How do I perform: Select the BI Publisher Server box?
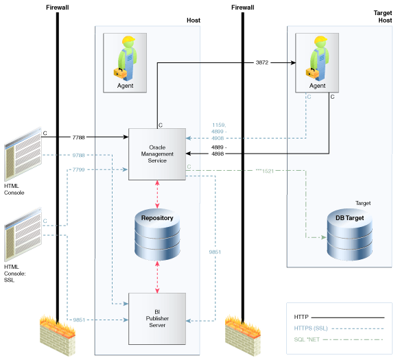pos(157,319)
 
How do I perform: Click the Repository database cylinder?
pos(157,233)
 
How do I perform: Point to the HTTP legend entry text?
pos(301,317)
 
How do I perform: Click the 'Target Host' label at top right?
pos(382,16)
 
